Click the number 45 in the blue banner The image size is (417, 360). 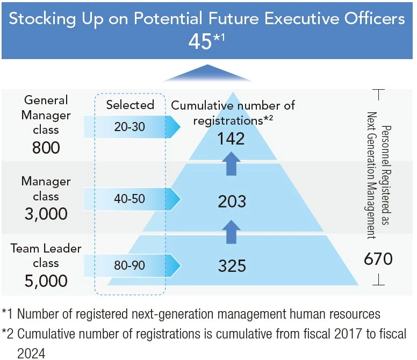point(200,42)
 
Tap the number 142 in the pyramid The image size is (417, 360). point(232,139)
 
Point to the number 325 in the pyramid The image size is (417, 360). point(232,265)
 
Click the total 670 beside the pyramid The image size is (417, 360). point(378,260)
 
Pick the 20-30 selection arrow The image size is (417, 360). point(132,127)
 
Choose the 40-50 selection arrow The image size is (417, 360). point(132,198)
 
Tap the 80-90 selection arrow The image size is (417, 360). point(132,265)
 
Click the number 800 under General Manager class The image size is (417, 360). point(46,147)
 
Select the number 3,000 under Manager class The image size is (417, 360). point(46,214)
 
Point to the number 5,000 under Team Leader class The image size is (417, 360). point(46,280)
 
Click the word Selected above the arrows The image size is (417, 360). point(130,104)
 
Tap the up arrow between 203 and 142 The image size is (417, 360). point(231,163)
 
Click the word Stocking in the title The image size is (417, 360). point(40,19)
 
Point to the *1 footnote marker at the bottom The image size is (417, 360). point(8,314)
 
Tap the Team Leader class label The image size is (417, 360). point(46,255)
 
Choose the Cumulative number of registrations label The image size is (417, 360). point(233,112)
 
